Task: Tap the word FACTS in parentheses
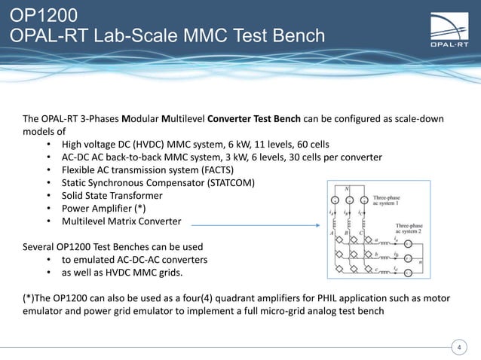216,169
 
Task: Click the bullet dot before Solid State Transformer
49,196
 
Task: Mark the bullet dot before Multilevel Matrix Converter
49,223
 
